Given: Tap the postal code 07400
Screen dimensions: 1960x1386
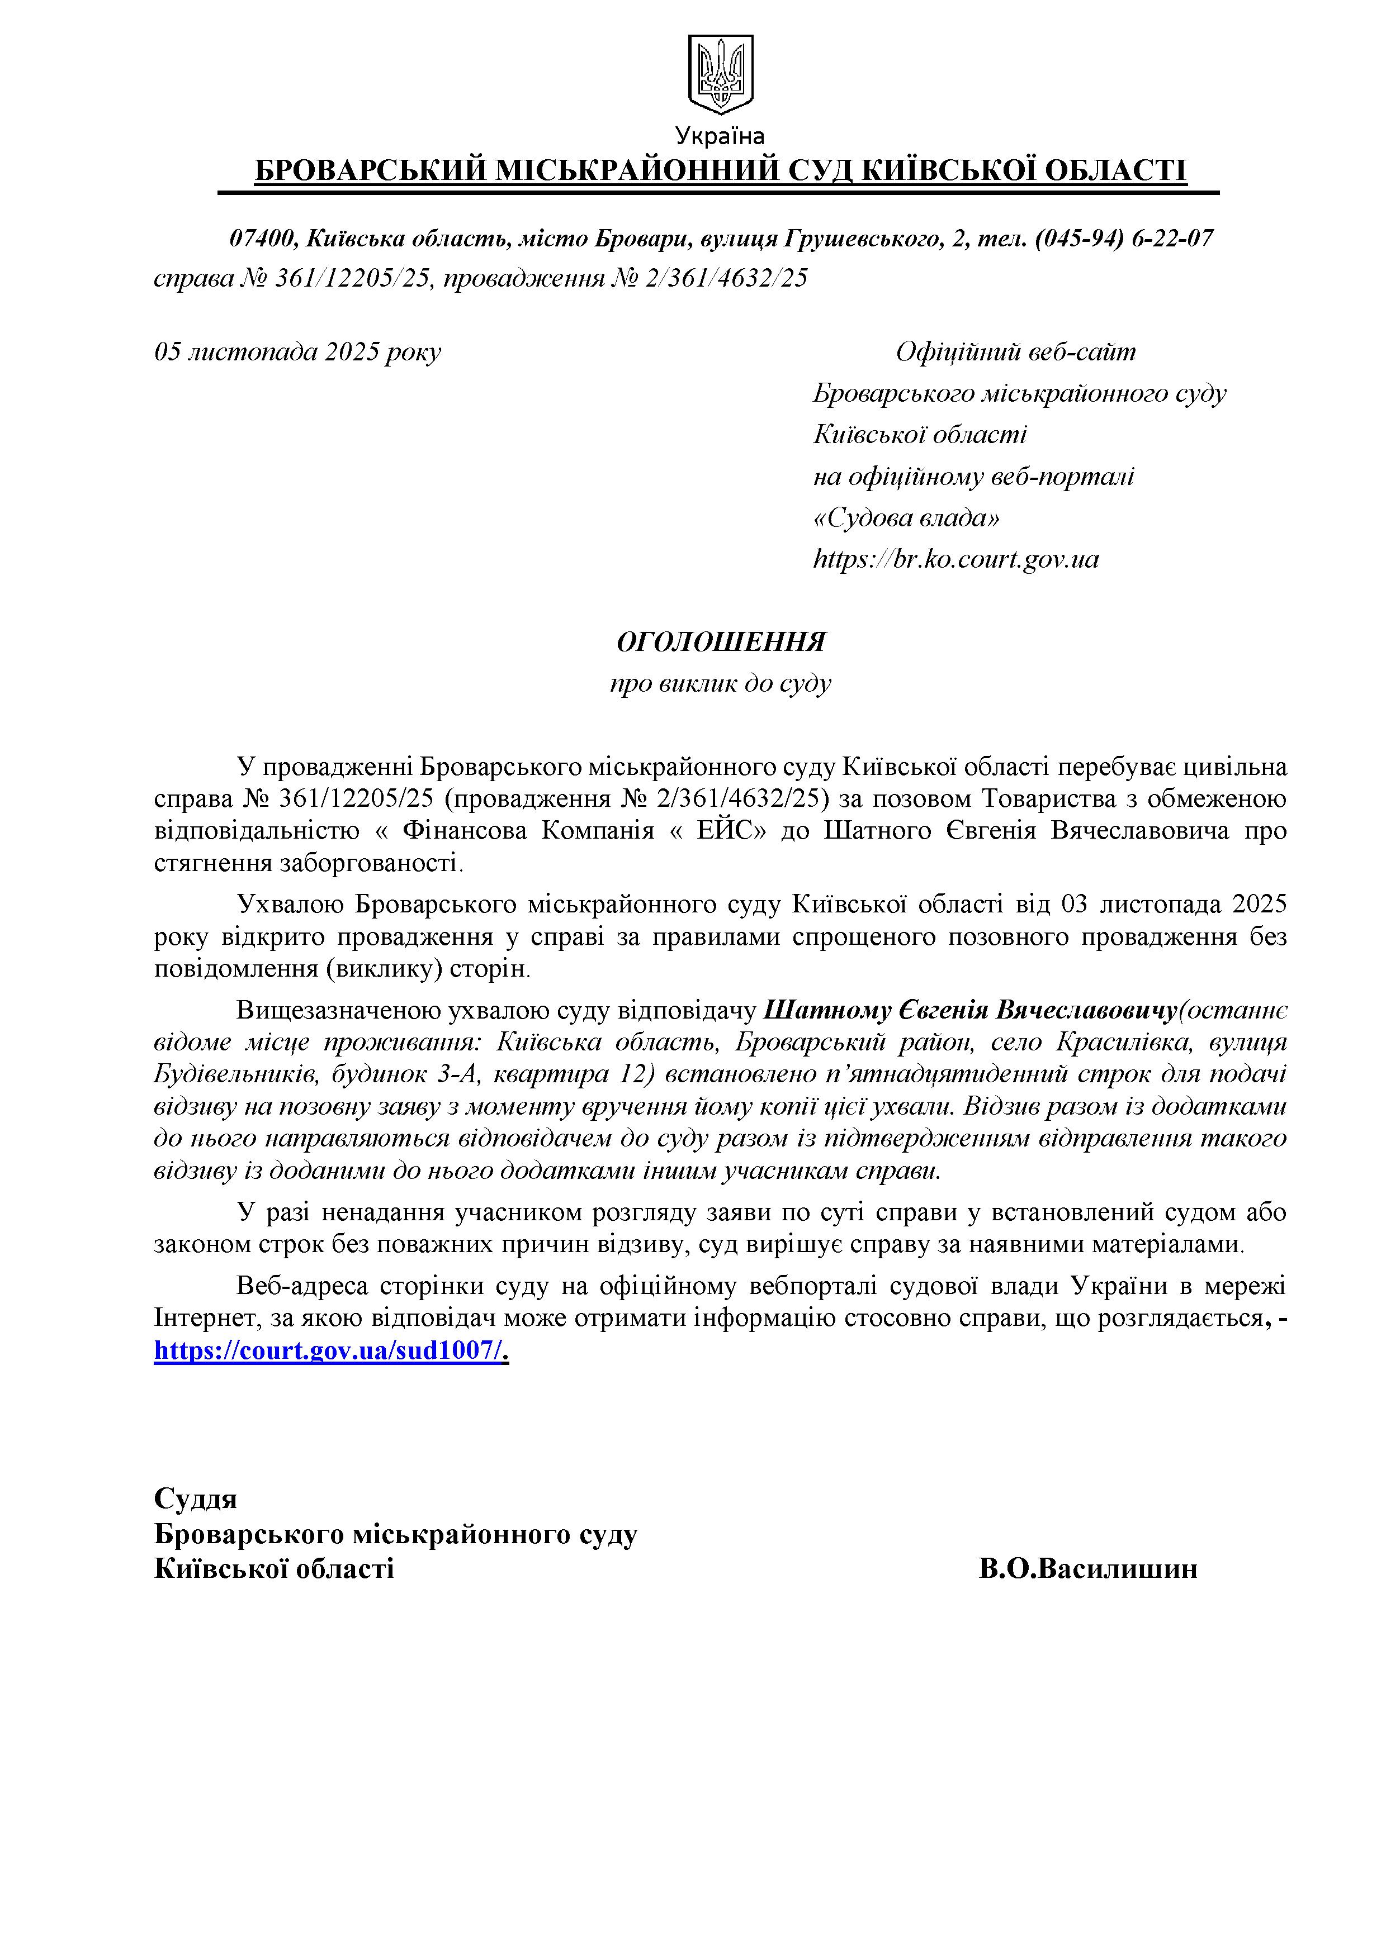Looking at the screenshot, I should pyautogui.click(x=261, y=238).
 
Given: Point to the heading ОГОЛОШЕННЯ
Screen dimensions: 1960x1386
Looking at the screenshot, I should pyautogui.click(x=721, y=642).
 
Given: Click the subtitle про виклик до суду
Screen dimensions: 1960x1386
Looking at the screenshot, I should pyautogui.click(x=721, y=684).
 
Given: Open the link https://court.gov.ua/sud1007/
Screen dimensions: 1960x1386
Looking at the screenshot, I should pyautogui.click(x=332, y=1350).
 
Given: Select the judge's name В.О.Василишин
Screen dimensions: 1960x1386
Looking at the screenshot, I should pyautogui.click(x=1088, y=1568).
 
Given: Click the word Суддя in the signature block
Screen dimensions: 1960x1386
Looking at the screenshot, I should pyautogui.click(x=196, y=1497).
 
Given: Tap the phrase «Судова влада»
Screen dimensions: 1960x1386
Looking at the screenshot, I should pyautogui.click(x=906, y=518).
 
